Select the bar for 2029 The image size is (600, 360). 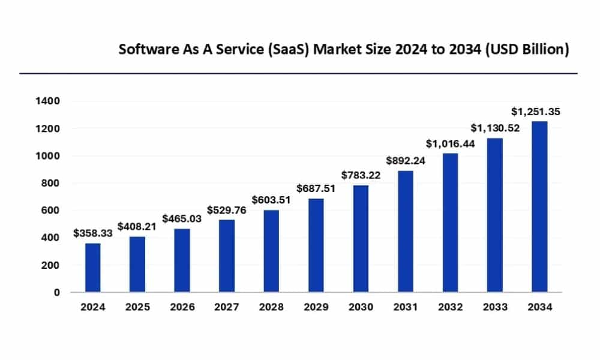click(x=316, y=245)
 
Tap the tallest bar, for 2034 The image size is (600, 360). click(x=539, y=207)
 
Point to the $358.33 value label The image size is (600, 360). click(x=92, y=233)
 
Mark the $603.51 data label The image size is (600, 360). click(x=271, y=200)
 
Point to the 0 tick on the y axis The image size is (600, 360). click(x=56, y=293)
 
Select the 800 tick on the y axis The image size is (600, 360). click(x=52, y=184)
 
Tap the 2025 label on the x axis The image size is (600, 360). click(x=137, y=307)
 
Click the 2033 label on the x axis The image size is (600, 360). click(x=495, y=307)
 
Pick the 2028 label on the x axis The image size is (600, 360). click(x=271, y=307)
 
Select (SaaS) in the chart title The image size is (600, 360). click(x=287, y=50)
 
